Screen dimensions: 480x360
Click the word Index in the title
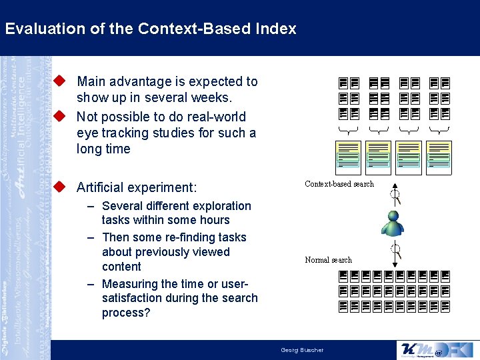pos(276,29)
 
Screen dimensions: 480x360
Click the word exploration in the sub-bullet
pos(219,206)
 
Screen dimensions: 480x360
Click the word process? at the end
pos(126,313)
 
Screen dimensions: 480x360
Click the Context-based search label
pos(339,184)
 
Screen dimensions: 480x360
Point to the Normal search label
pos(328,260)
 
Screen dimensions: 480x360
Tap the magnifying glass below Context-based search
pos(395,196)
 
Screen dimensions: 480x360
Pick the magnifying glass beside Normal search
pos(396,251)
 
